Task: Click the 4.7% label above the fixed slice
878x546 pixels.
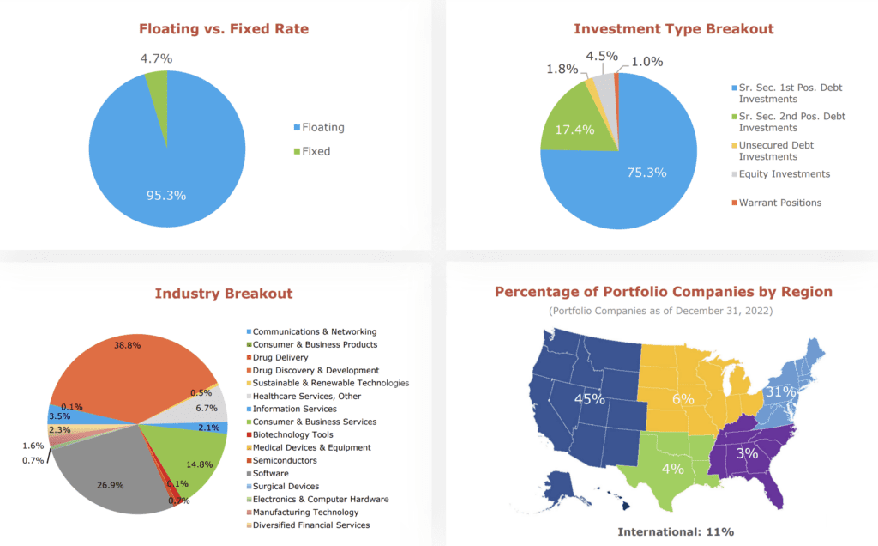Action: tap(156, 58)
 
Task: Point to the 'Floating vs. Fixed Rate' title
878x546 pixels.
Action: tap(224, 29)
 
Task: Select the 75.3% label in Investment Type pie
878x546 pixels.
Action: tap(647, 173)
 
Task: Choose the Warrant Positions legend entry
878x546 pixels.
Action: tap(779, 203)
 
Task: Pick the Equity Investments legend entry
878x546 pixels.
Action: tap(784, 174)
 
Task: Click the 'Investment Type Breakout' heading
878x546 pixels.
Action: tap(673, 29)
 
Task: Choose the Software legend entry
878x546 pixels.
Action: tap(270, 473)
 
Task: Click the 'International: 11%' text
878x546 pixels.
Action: tap(676, 532)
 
